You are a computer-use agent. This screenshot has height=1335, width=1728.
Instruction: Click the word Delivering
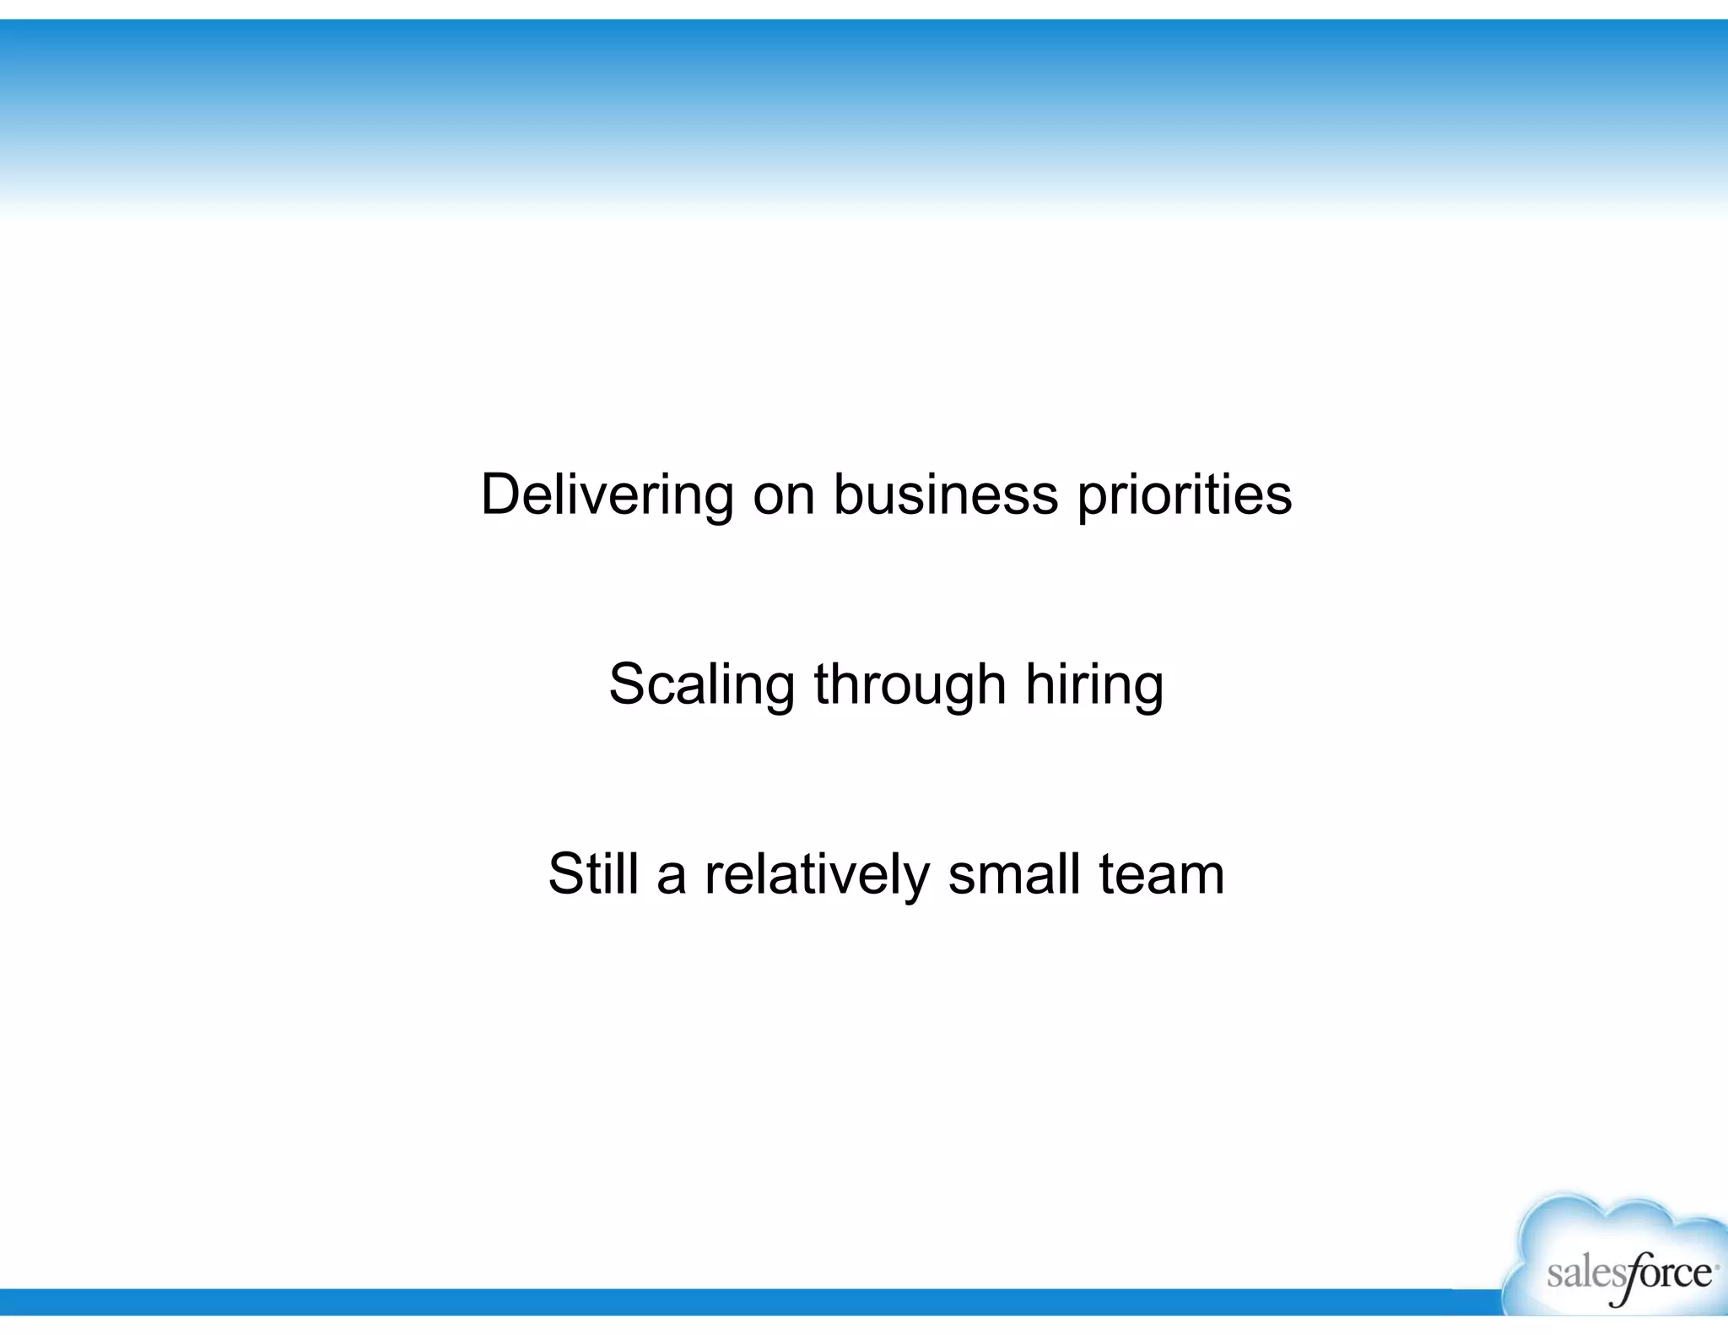pos(607,495)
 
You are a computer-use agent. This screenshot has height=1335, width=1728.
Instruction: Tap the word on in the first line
pos(784,496)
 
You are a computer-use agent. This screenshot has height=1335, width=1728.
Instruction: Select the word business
pos(945,495)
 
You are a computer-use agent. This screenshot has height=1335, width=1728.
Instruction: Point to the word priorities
pos(1185,496)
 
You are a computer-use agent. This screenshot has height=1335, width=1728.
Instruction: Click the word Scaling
pos(701,684)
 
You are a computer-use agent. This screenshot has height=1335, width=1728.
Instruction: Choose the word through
pos(910,684)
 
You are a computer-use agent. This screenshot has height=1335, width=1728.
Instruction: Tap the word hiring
pos(1094,684)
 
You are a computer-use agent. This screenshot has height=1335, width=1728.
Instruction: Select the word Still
pos(593,873)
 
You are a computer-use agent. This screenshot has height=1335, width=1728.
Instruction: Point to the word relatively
pos(817,874)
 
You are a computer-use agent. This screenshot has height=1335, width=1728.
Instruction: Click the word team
pos(1161,875)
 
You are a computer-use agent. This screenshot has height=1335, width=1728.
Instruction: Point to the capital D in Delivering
pos(499,495)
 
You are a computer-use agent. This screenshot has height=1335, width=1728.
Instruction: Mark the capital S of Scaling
pos(628,684)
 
